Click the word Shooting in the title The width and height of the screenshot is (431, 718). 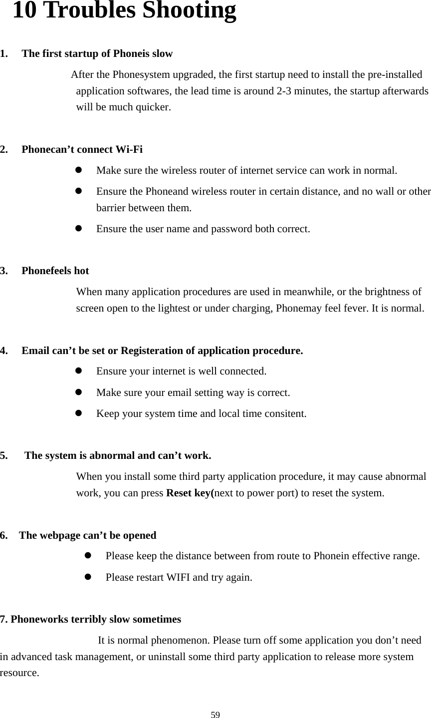[x=189, y=11]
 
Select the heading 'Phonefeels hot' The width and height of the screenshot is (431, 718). [x=55, y=271]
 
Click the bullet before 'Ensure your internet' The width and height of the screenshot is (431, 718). [x=78, y=371]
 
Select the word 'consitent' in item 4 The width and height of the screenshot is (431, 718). [x=285, y=414]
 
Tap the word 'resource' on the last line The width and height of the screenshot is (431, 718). [x=19, y=672]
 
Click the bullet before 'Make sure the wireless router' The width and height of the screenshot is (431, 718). [x=78, y=170]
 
